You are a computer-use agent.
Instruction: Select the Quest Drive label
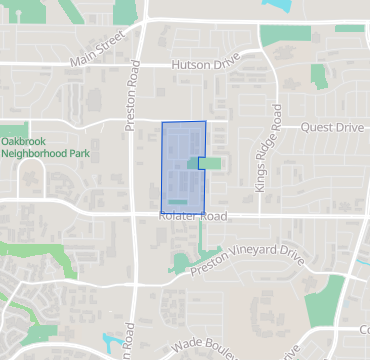[x=333, y=127]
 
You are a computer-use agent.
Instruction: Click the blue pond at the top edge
[x=274, y=5]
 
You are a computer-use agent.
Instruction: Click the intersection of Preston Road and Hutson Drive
[x=139, y=66]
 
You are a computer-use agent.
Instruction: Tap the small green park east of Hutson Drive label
[x=319, y=75]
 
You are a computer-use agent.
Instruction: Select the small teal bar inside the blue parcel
[x=177, y=202]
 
